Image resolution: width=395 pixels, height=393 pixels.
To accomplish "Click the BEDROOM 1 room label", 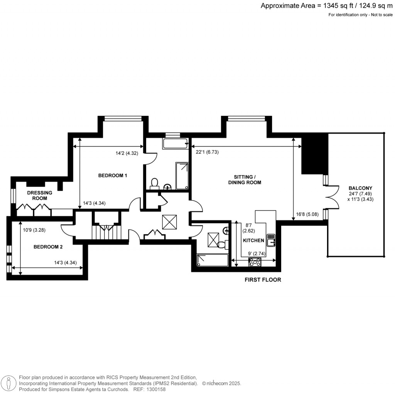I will tap(113, 176).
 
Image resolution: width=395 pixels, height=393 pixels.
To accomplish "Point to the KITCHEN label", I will tap(253, 241).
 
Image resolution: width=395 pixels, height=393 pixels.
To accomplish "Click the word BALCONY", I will tap(354, 188).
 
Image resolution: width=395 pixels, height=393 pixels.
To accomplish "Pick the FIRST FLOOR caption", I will tap(263, 280).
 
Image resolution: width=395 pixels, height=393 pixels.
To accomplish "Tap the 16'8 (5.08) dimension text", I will tap(307, 215).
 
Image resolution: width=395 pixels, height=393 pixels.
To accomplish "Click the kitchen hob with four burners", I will tap(255, 262).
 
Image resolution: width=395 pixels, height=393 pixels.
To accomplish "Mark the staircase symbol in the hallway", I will tap(106, 233).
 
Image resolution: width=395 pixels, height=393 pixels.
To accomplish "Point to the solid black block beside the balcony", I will tap(313, 156).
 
